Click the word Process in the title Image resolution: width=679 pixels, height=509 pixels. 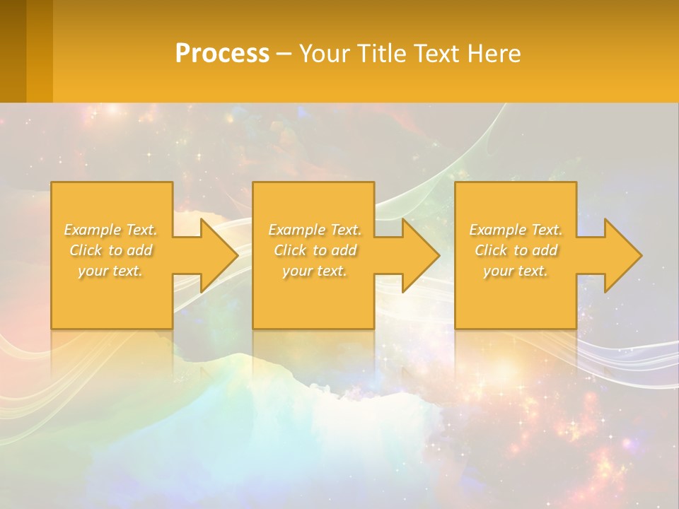click(222, 54)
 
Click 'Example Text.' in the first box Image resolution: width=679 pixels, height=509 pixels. click(111, 230)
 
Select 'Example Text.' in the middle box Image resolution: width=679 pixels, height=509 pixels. click(315, 230)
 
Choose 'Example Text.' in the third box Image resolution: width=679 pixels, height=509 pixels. click(516, 230)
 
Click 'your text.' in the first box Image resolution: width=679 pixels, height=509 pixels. click(111, 271)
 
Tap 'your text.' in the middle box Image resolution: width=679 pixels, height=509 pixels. click(315, 271)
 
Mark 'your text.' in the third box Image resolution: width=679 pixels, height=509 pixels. click(516, 271)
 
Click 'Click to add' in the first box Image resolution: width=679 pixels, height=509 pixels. click(111, 250)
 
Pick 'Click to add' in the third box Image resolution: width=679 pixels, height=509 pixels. click(516, 250)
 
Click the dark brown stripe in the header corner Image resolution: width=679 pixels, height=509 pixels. click(13, 51)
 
